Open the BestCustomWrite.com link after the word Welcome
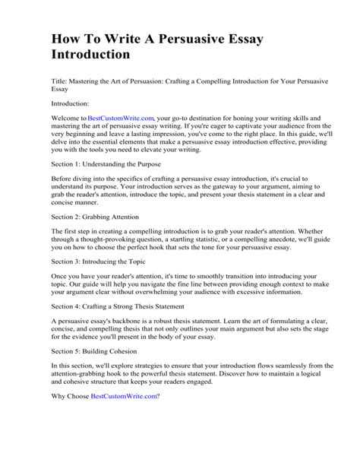click(121, 119)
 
